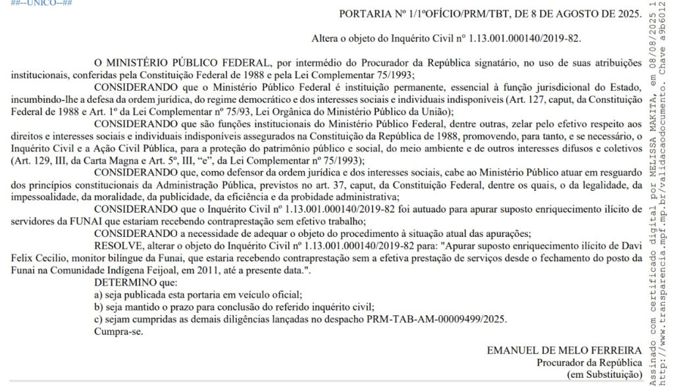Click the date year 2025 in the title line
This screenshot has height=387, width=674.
click(x=626, y=14)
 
